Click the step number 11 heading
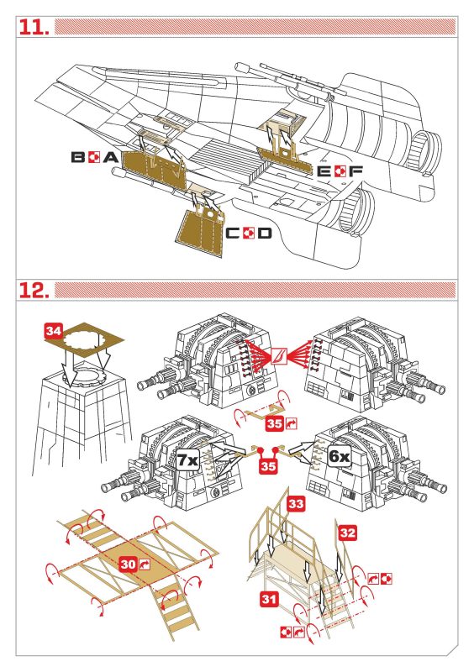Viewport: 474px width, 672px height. coord(34,27)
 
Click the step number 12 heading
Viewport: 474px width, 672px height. coord(34,290)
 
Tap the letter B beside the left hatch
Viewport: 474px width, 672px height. coord(77,157)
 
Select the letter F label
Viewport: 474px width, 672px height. coord(355,171)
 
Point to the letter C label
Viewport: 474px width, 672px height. coord(234,234)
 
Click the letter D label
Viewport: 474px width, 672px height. coord(265,234)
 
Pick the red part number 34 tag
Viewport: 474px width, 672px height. coord(54,331)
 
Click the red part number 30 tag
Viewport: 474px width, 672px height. coord(129,564)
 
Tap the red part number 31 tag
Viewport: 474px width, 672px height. coord(269,599)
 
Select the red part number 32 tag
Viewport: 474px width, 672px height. coord(347,533)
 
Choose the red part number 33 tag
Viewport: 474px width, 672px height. coord(296,503)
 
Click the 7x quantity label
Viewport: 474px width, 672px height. coord(188,459)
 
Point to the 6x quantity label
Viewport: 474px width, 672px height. coord(339,456)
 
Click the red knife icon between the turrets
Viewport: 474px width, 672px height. coord(278,355)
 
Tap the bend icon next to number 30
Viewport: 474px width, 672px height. coord(144,564)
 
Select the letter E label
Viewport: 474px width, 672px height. coord(324,171)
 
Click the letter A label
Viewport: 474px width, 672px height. coord(111,157)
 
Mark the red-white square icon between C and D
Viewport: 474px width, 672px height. coord(250,234)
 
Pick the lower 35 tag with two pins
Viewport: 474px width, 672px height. coord(268,465)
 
